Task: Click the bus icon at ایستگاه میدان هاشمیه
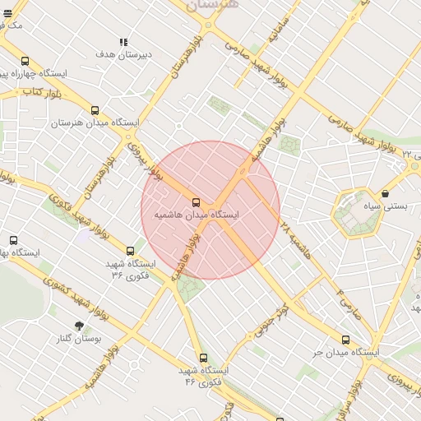click(196, 202)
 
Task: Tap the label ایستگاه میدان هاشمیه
click(197, 215)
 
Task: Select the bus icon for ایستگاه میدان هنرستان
click(95, 110)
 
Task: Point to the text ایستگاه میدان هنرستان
click(95, 123)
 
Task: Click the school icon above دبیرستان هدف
click(123, 42)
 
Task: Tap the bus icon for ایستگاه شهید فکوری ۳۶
click(130, 251)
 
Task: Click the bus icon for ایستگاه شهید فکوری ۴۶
click(203, 358)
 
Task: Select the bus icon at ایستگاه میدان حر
click(345, 340)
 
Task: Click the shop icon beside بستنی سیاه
click(386, 194)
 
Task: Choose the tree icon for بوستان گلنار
click(80, 326)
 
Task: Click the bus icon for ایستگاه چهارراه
click(25, 62)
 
